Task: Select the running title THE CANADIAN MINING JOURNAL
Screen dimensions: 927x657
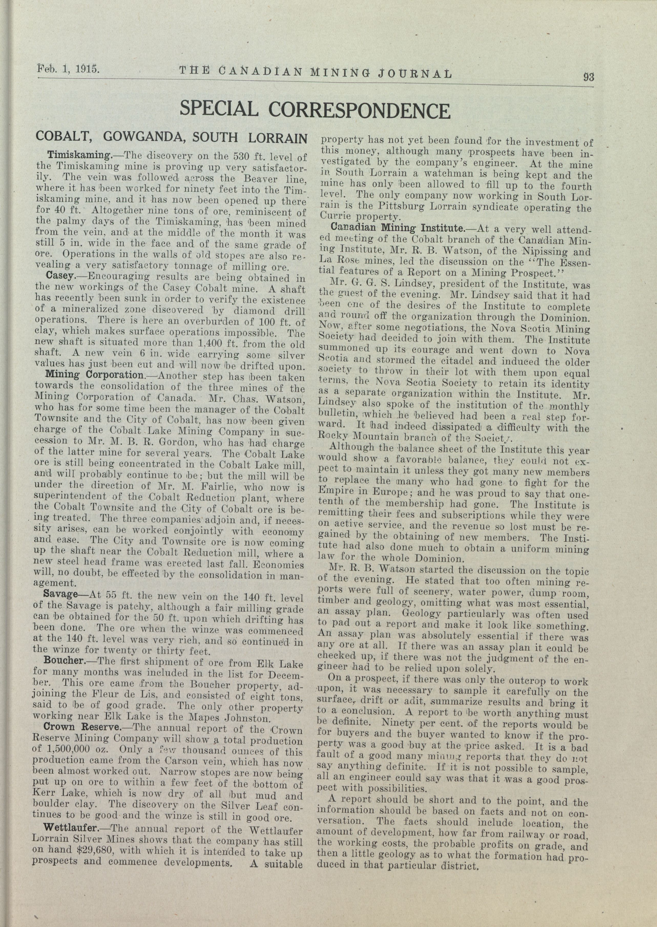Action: [x=315, y=72]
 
